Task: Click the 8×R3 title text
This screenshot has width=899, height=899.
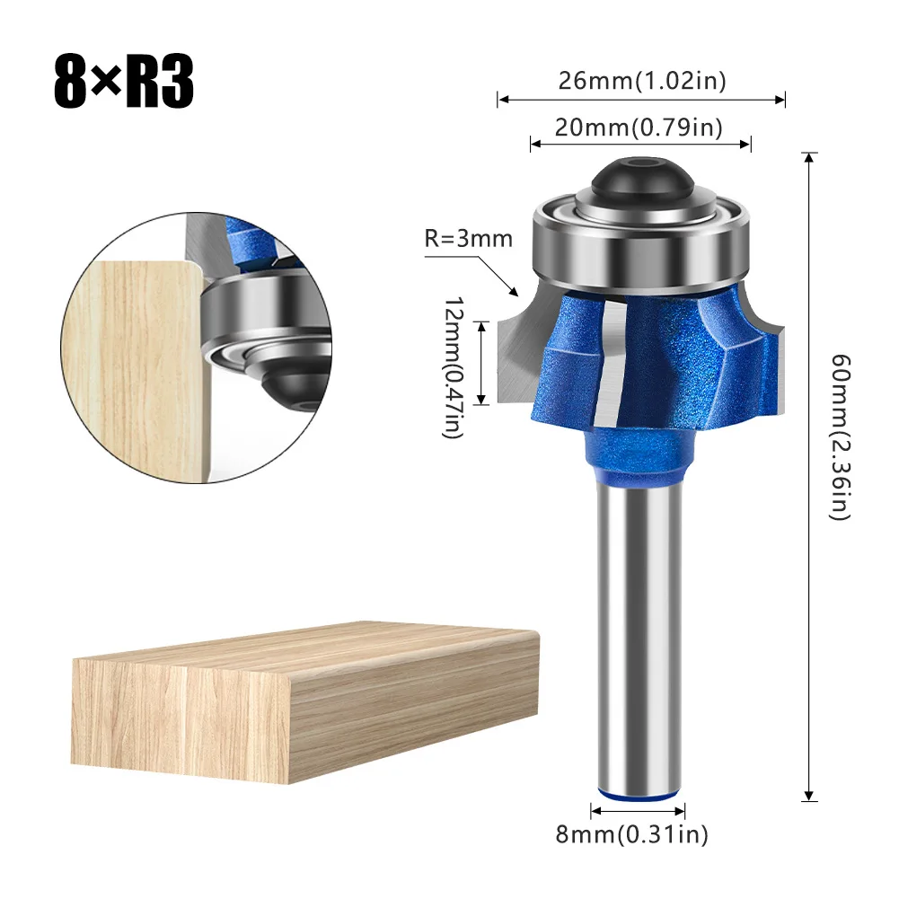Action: click(124, 84)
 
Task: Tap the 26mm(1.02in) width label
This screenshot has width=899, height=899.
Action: click(641, 81)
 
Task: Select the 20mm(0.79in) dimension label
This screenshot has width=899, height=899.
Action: click(639, 128)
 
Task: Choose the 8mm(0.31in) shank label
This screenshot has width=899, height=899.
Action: click(631, 836)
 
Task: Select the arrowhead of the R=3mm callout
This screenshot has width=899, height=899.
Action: click(515, 292)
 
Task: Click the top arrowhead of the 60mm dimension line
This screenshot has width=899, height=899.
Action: click(809, 159)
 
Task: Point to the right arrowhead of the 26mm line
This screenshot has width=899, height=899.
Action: click(780, 100)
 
